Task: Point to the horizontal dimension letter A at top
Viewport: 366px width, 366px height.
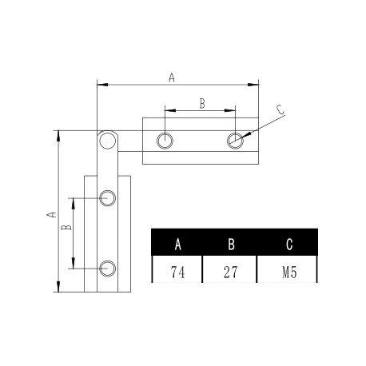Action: (171, 77)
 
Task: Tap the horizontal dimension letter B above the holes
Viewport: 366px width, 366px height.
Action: (201, 102)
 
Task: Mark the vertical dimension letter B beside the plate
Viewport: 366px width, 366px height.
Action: (67, 228)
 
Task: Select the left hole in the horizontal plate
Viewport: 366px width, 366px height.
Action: (165, 141)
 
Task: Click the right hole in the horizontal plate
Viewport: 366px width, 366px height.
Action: (233, 141)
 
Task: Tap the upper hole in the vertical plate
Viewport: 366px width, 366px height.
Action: (107, 197)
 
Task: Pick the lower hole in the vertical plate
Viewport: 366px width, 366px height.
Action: (107, 267)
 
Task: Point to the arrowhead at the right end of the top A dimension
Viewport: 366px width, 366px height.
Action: (256, 83)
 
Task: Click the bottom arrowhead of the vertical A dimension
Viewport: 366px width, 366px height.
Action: (58, 288)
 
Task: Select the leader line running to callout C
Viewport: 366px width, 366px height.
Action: (260, 126)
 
